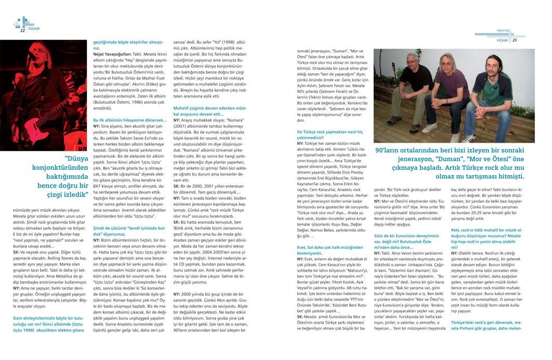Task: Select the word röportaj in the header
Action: (x=503, y=31)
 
